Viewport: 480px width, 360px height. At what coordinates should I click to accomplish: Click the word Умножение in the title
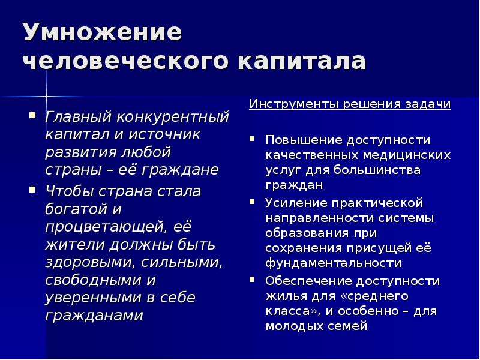[103, 32]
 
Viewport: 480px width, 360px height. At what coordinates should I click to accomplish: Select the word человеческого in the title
[126, 61]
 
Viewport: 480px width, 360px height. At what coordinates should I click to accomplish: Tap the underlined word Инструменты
[294, 104]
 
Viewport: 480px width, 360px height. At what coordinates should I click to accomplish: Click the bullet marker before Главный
[32, 116]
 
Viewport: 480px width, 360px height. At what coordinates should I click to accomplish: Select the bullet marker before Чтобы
[32, 190]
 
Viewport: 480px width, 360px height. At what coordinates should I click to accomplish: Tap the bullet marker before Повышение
[252, 139]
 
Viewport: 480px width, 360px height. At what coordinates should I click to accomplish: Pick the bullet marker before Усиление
[252, 202]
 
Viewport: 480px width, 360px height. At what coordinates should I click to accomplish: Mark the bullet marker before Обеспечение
[252, 280]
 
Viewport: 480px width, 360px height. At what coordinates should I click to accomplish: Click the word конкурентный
[173, 116]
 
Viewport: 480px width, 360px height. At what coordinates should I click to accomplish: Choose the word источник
[164, 134]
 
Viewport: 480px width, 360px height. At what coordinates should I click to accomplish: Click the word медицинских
[407, 155]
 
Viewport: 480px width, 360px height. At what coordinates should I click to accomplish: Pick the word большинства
[377, 170]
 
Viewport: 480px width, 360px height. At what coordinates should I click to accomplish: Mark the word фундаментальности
[334, 263]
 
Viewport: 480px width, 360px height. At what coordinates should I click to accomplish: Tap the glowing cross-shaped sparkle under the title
[46, 97]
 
